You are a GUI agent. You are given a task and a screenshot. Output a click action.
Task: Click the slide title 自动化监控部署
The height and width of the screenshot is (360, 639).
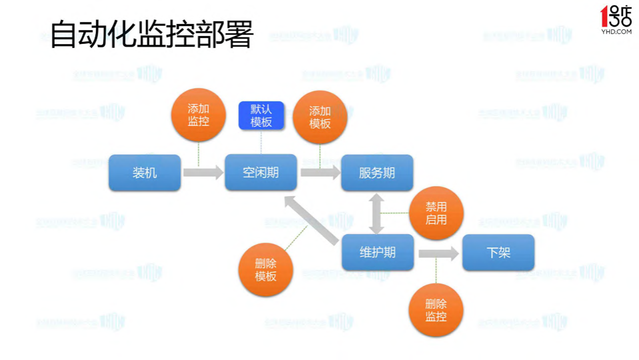(152, 35)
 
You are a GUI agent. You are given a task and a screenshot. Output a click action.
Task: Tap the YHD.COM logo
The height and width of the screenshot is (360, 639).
(615, 19)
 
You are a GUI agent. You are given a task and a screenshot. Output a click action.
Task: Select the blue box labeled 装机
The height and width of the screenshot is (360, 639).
(145, 173)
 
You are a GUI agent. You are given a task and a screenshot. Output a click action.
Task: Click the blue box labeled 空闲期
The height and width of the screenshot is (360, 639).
(261, 173)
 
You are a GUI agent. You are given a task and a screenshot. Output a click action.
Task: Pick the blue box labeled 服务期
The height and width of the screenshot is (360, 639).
(376, 173)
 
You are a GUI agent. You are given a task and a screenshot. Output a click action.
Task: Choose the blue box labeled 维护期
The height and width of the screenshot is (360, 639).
(377, 253)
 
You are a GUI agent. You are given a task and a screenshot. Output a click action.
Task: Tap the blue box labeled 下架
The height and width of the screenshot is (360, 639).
(498, 253)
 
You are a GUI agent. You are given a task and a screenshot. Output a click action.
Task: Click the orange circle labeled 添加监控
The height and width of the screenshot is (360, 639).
(199, 115)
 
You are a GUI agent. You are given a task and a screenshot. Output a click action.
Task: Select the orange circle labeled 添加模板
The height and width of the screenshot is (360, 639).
(320, 117)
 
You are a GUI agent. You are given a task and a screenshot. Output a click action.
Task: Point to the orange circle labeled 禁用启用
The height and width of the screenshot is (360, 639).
(436, 213)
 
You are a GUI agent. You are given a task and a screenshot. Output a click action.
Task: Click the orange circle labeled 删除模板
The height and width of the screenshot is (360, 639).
(266, 269)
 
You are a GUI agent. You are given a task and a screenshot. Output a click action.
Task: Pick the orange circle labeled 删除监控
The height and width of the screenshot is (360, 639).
(436, 310)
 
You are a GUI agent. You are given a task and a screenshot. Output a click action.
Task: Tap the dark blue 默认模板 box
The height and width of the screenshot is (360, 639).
(261, 115)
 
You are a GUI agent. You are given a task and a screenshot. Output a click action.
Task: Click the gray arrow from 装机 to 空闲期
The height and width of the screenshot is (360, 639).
(203, 173)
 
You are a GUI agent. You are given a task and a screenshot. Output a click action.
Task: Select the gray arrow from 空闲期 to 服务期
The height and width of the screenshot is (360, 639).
(320, 173)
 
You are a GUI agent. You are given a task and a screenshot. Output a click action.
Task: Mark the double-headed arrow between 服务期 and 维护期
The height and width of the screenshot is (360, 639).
(376, 213)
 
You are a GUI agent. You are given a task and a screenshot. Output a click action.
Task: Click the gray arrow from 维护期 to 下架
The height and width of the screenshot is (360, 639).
(438, 253)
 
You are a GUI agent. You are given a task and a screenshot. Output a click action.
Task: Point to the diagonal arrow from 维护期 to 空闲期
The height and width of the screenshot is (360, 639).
(312, 221)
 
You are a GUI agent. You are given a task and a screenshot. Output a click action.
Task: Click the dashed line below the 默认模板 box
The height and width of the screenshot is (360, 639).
(261, 141)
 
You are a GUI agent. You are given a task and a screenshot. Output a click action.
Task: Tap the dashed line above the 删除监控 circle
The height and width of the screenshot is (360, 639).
(436, 271)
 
